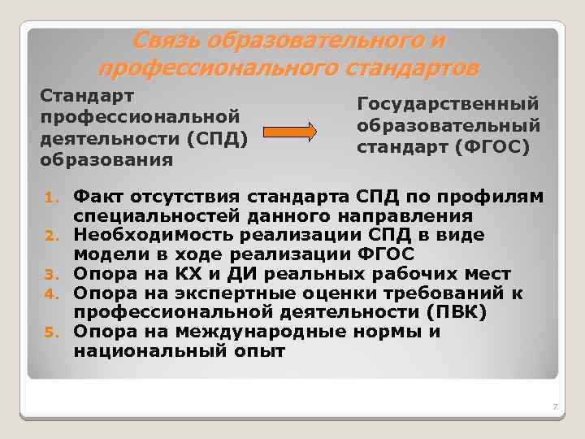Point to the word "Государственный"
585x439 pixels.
[448, 103]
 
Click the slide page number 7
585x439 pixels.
[553, 406]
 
